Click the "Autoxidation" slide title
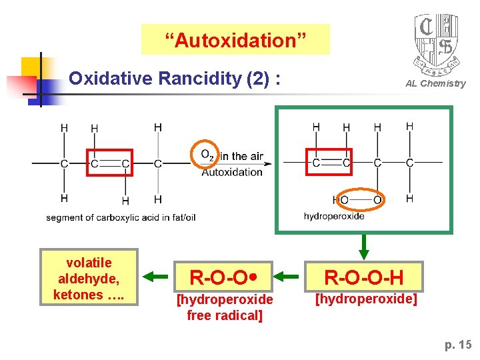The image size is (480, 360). (x=236, y=40)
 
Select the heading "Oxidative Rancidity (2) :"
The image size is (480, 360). (x=174, y=79)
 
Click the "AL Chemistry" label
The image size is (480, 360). (x=435, y=83)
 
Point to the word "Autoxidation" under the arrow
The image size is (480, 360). (x=231, y=172)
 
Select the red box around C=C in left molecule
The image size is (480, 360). (x=110, y=163)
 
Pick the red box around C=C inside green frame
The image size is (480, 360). (x=328, y=162)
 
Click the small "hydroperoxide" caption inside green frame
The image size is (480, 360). (x=333, y=216)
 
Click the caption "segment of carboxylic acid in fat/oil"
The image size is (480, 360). (x=121, y=217)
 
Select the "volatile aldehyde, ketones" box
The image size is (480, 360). (x=89, y=278)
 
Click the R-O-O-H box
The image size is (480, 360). (x=363, y=275)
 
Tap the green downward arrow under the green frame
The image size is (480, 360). (x=363, y=246)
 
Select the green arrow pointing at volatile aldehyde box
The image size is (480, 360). (x=157, y=275)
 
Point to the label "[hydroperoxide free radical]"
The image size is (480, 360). (x=224, y=307)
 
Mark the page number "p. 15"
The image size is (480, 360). (x=458, y=345)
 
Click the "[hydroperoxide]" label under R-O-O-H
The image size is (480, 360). (x=365, y=299)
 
